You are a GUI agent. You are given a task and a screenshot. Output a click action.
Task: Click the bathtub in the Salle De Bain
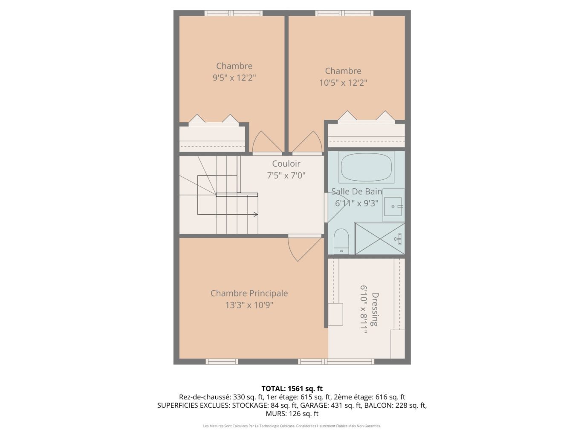coord(366,167)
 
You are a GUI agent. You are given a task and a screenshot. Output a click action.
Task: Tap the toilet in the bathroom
coord(341,241)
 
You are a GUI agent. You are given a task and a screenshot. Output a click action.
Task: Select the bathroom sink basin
coord(393,206)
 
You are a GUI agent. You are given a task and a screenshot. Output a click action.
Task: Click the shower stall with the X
coord(380,239)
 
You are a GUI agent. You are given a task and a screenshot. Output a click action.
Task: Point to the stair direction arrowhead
coord(255,214)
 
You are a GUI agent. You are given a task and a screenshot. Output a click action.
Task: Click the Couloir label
coord(286,163)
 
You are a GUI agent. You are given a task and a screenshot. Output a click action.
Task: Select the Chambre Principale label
coord(249,293)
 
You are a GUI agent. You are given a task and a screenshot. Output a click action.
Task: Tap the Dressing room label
coord(375,309)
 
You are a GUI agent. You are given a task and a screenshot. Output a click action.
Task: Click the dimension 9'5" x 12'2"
coord(234,78)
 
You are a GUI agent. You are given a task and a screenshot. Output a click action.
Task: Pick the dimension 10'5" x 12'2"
coord(343,83)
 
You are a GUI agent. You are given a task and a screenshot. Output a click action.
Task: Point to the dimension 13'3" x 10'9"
coord(249,305)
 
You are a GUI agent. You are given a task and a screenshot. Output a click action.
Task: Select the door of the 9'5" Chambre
coord(267,143)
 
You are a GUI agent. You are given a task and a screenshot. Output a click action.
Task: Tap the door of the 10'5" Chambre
coord(307,143)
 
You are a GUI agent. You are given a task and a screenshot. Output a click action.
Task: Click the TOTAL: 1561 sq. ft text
coord(292,389)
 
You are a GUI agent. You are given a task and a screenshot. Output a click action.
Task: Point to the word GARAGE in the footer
coord(313,405)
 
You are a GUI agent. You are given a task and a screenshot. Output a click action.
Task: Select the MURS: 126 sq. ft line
coord(292,414)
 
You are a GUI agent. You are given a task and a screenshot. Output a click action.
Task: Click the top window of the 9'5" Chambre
coord(233,13)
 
